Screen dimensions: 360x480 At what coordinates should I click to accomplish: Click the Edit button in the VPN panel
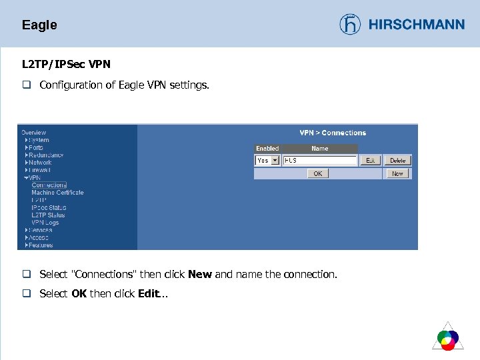(x=370, y=161)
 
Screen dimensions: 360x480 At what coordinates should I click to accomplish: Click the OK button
(x=318, y=173)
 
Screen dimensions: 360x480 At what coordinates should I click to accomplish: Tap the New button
(x=398, y=173)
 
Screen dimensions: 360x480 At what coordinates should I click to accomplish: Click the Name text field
(x=320, y=161)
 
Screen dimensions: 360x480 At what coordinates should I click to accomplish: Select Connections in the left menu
(x=49, y=185)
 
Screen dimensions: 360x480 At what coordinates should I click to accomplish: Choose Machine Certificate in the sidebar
(x=57, y=193)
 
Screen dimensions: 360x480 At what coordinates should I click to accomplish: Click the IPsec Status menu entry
(x=49, y=207)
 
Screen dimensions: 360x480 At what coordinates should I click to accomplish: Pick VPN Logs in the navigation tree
(x=45, y=223)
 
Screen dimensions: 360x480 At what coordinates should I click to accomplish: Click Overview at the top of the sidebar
(x=34, y=133)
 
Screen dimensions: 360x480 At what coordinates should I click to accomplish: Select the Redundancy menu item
(x=46, y=155)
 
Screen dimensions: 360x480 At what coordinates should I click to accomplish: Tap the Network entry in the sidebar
(x=40, y=163)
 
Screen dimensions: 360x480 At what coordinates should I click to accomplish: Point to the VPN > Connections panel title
(x=333, y=133)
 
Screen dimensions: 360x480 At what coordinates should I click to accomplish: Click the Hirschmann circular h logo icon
(x=350, y=25)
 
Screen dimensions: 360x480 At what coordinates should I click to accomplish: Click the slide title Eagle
(x=39, y=25)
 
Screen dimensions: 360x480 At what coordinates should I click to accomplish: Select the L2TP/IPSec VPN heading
(x=66, y=65)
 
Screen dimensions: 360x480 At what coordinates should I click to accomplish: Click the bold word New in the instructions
(x=200, y=275)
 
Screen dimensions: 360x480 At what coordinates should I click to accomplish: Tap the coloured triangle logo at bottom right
(x=447, y=336)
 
